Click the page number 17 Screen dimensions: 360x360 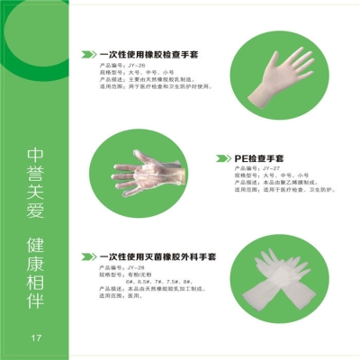click(36, 338)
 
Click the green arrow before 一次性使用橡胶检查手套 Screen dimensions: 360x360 click(87, 54)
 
